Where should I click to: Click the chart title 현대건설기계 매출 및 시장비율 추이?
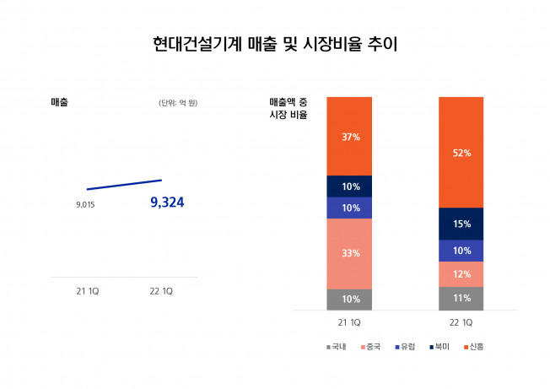point(275,44)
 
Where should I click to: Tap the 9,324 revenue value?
point(166,203)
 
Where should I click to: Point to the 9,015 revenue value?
point(85,204)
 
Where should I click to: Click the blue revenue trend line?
point(124,185)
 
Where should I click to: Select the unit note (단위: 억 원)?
point(178,103)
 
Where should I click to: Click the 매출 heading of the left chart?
point(60,102)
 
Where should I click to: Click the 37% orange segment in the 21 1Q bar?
point(350,136)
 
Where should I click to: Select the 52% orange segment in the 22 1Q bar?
point(461,152)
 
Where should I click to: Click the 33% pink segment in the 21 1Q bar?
point(350,253)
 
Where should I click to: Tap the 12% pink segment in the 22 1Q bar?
point(461,274)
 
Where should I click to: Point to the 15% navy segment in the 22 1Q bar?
point(461,224)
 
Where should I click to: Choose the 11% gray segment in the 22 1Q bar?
point(461,299)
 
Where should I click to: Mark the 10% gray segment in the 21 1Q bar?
point(350,300)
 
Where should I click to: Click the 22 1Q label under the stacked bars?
point(461,323)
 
